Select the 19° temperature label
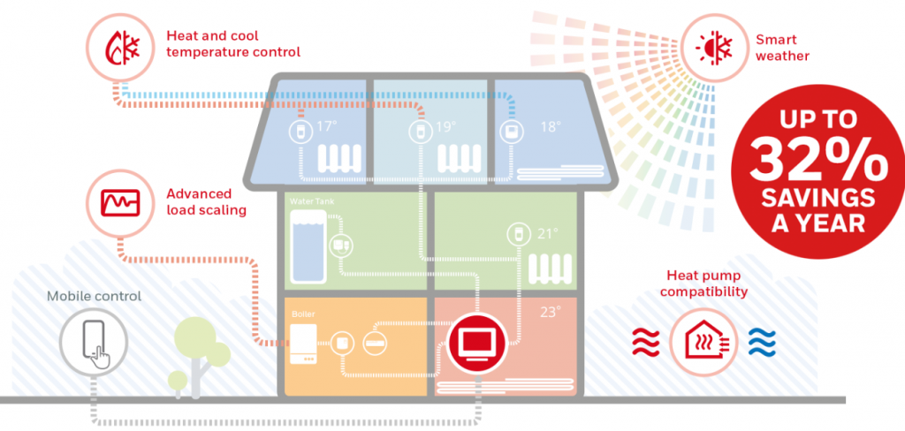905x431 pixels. tap(445, 127)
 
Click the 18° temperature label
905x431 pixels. tap(551, 127)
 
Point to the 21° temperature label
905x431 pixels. tap(549, 234)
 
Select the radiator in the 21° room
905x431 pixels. tap(552, 267)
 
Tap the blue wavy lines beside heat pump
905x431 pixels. tap(761, 339)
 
